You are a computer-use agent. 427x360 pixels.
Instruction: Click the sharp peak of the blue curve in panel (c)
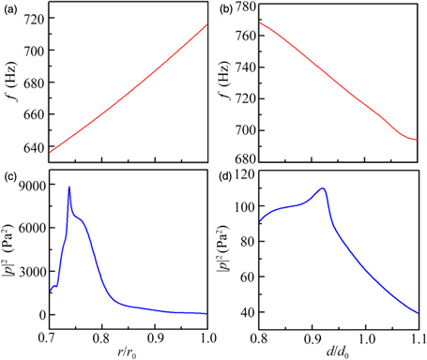(x=69, y=187)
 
